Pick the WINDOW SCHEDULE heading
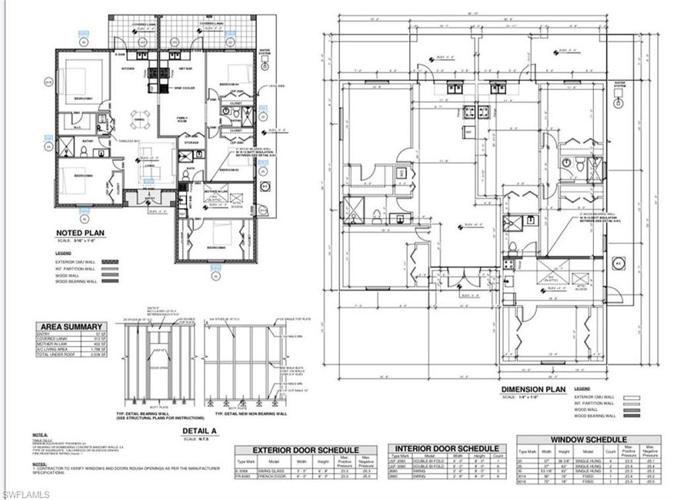[x=588, y=438]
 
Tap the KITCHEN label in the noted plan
[x=127, y=69]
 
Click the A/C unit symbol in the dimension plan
[x=616, y=262]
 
